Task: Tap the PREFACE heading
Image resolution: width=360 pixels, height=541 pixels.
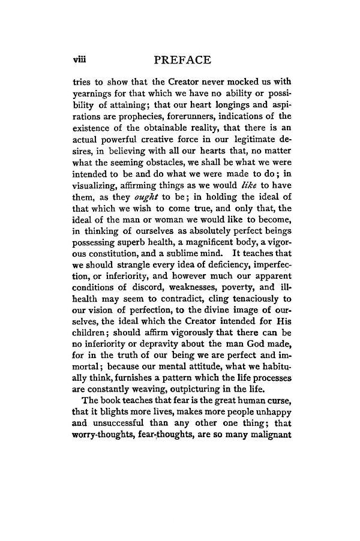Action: tap(182, 60)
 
